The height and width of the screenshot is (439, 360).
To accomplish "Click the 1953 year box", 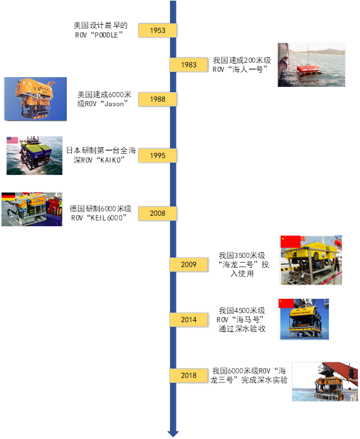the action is pyautogui.click(x=158, y=30).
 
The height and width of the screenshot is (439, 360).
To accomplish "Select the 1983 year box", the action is pyautogui.click(x=189, y=65).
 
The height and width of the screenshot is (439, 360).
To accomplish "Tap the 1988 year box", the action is pyautogui.click(x=158, y=99).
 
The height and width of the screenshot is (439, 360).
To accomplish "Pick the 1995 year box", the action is pyautogui.click(x=158, y=156).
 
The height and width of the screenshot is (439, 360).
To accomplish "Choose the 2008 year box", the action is pyautogui.click(x=158, y=213).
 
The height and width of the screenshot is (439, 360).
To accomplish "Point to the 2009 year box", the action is pyautogui.click(x=189, y=265).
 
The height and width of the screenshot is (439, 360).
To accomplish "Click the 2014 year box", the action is pyautogui.click(x=189, y=320).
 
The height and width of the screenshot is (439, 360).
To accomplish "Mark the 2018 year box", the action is pyautogui.click(x=189, y=375).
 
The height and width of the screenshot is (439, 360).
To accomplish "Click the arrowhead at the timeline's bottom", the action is pyautogui.click(x=173, y=434).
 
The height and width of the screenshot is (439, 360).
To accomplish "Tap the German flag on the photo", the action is pyautogui.click(x=8, y=197).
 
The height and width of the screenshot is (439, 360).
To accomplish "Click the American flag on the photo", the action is pyautogui.click(x=12, y=140).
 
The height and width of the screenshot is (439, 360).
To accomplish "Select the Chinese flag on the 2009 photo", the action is pyautogui.click(x=291, y=242).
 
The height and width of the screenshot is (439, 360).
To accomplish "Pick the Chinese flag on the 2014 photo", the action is pyautogui.click(x=286, y=303).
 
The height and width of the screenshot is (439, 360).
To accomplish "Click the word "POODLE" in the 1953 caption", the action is pyautogui.click(x=106, y=35).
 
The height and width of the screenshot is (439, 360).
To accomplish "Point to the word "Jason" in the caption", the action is pyautogui.click(x=114, y=104).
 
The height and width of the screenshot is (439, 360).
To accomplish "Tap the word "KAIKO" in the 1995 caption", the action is pyautogui.click(x=110, y=160).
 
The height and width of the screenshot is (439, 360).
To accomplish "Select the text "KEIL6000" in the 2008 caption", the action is pyautogui.click(x=107, y=218).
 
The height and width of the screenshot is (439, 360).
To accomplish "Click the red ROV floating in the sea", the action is pyautogui.click(x=307, y=70).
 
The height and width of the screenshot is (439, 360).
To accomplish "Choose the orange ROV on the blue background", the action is pyautogui.click(x=35, y=98).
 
